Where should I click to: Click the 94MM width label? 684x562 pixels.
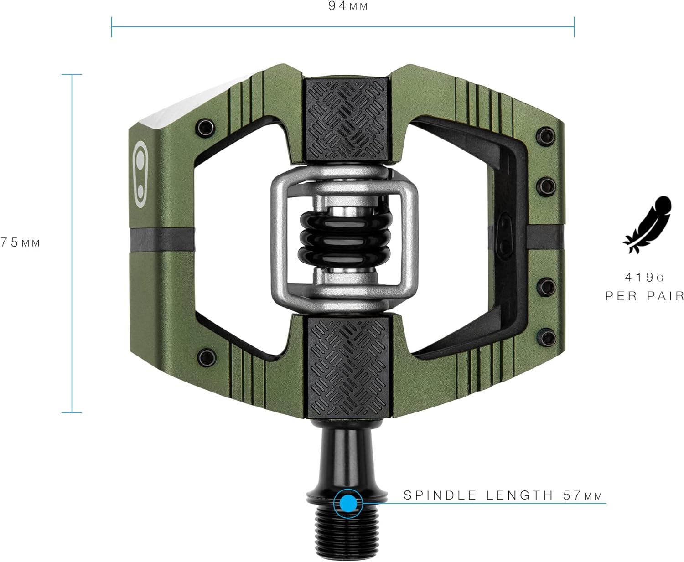[347, 6]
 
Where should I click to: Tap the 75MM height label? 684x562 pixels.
[20, 242]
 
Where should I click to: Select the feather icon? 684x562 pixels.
[647, 225]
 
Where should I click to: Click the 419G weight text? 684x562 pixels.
[644, 277]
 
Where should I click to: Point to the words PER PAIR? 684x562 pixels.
[645, 296]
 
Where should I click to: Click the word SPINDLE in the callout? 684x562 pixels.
[440, 495]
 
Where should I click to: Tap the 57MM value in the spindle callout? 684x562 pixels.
[582, 495]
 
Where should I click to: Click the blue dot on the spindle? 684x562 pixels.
[348, 503]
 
